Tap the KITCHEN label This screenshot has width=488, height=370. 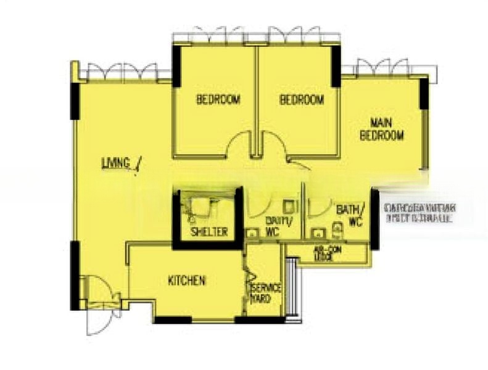point(187,281)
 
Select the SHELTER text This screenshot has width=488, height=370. point(210,232)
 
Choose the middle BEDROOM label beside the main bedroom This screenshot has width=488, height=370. point(302,100)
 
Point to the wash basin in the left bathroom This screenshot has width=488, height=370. point(252,233)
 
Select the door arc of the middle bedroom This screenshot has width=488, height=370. point(274,147)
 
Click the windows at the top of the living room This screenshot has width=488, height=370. point(122,72)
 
